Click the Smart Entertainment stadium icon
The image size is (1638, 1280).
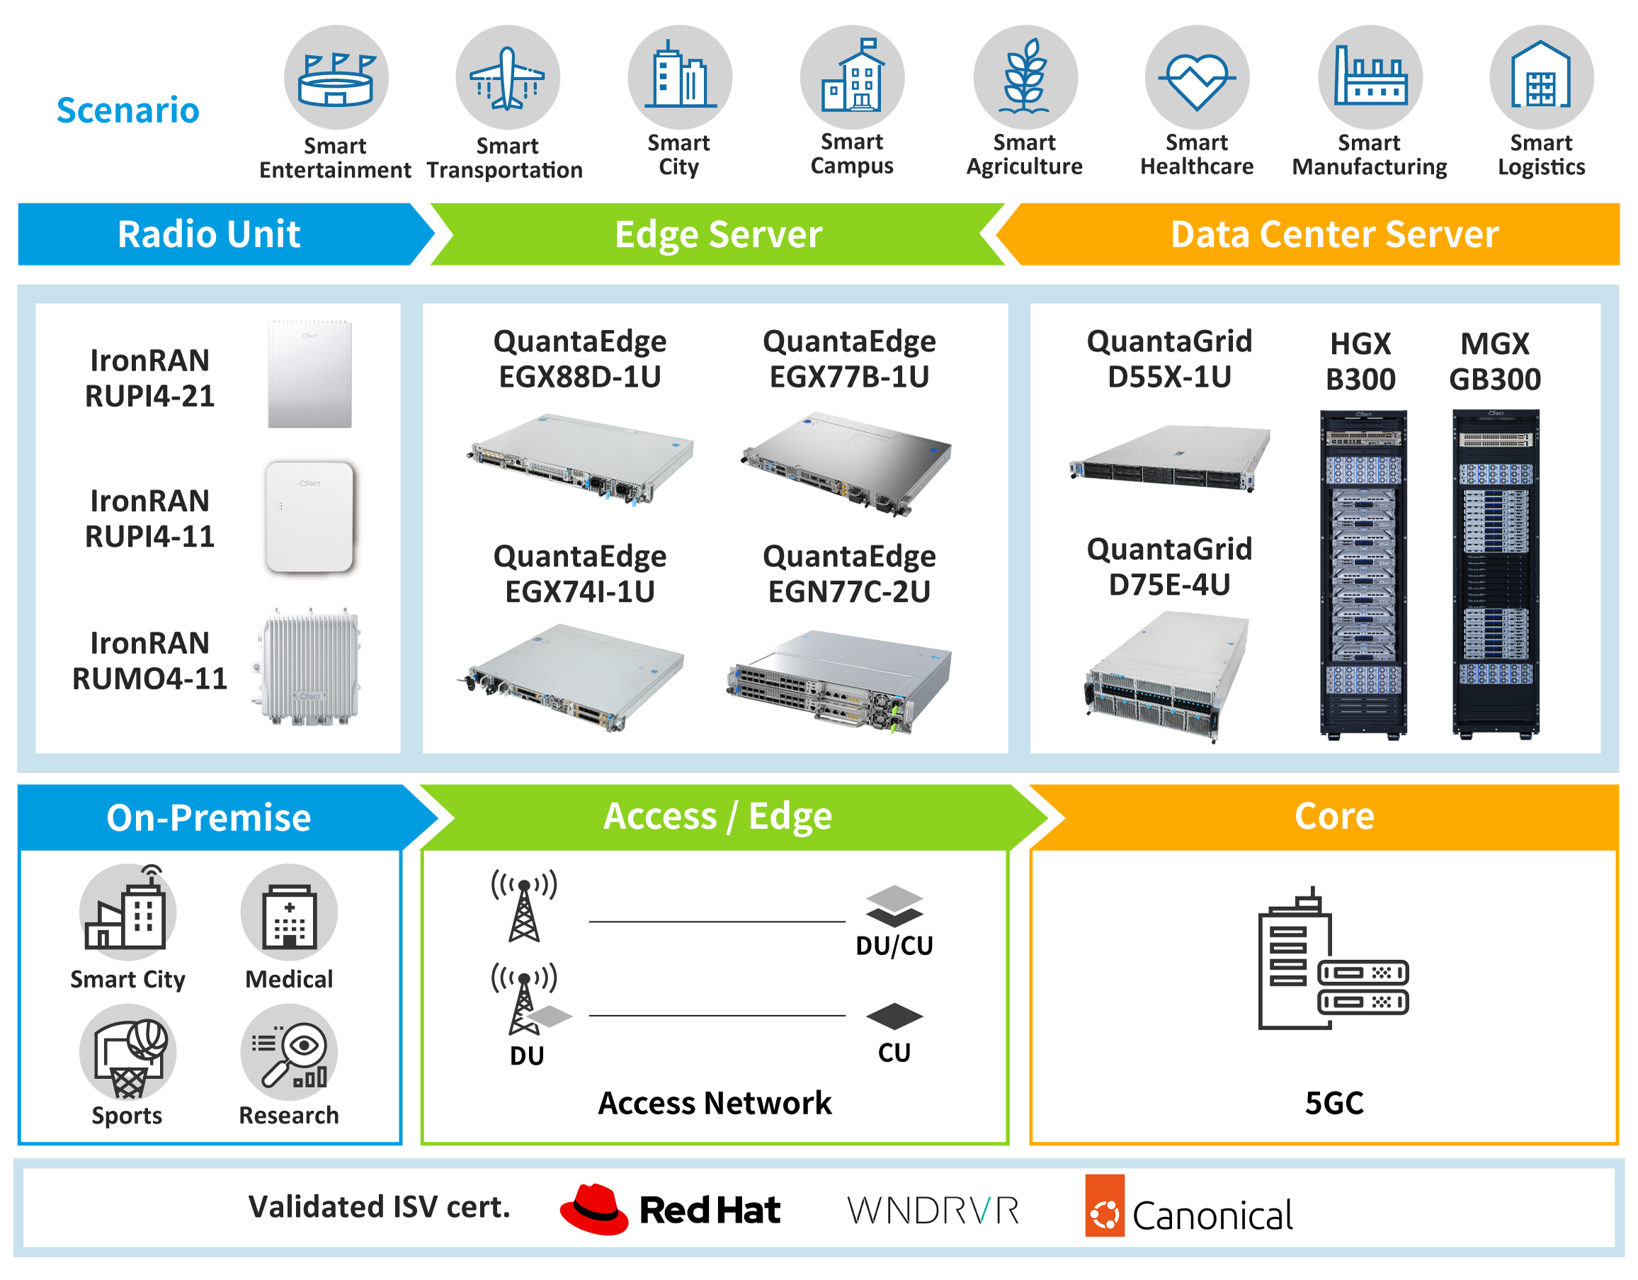336,77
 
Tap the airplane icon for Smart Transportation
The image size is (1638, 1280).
508,77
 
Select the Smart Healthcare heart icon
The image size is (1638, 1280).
1197,77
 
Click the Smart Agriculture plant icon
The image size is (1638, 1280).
1025,77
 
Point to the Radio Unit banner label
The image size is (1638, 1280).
209,234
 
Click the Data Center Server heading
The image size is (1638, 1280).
1334,234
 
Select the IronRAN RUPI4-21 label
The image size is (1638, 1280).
150,378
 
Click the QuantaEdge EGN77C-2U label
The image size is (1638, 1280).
849,573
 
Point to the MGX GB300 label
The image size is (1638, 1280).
1495,362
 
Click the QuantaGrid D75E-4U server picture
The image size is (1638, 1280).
1167,675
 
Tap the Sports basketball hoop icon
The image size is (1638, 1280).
128,1052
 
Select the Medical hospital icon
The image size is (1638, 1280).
290,913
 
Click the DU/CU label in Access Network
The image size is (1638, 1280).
894,946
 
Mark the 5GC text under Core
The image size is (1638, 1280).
1334,1103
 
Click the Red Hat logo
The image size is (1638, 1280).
671,1209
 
